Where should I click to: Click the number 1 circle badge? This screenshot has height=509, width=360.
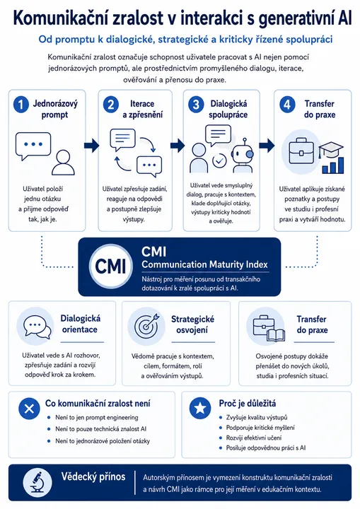[21, 105]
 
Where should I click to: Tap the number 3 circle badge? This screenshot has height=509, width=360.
[196, 105]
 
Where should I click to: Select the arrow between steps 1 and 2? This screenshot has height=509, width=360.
[91, 145]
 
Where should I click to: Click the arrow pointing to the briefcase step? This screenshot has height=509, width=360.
[267, 145]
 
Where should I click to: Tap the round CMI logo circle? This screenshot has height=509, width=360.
[110, 267]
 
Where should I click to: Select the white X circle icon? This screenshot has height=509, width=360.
[29, 408]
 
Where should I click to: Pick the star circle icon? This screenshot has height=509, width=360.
[200, 408]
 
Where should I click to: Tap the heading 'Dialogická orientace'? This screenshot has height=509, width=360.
[80, 324]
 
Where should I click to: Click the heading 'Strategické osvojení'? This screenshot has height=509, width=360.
[192, 324]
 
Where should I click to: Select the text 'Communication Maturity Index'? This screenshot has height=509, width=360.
[204, 264]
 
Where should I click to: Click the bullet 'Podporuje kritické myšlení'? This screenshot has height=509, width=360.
[260, 428]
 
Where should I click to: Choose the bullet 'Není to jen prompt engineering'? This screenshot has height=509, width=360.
[96, 418]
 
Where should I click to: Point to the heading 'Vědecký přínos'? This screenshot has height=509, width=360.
[93, 476]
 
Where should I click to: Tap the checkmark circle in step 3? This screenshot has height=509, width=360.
[219, 160]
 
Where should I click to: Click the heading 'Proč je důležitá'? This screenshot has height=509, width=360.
[248, 404]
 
